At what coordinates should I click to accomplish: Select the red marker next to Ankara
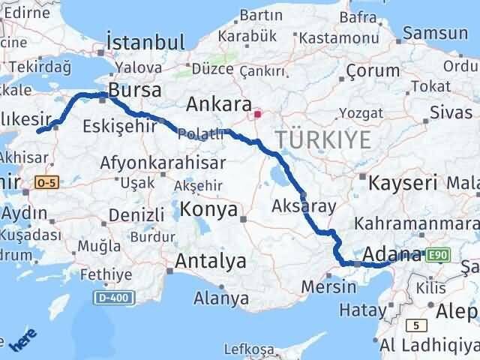point(257,115)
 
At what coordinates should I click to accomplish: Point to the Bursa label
point(135,91)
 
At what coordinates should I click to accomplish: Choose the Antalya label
point(210,262)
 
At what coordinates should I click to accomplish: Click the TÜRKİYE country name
point(323,139)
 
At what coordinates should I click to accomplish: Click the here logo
point(22,342)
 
